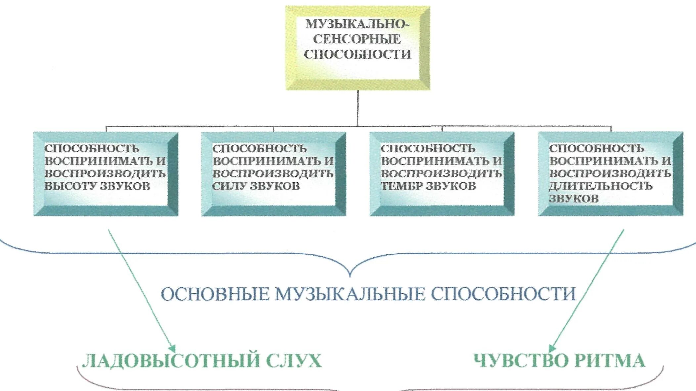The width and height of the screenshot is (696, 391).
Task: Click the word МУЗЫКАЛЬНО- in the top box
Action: [x=357, y=24]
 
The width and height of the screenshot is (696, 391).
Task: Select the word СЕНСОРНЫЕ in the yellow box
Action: [x=357, y=39]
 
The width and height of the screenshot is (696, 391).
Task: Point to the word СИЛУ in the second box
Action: [x=230, y=186]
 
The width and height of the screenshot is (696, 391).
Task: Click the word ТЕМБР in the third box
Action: [x=402, y=186]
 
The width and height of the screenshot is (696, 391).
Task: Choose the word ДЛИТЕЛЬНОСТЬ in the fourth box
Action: [x=601, y=186]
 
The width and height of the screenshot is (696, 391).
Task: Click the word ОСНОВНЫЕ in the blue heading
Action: [x=215, y=294]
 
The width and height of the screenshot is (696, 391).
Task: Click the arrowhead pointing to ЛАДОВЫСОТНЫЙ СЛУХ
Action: [x=172, y=349]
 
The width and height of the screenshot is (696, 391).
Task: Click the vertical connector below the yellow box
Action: [x=358, y=107]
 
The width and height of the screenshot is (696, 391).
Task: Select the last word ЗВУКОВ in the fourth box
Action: [x=574, y=199]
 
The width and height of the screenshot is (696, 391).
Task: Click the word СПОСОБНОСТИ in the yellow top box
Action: [x=357, y=54]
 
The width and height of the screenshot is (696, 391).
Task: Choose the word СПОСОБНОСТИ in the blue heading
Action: [x=503, y=294]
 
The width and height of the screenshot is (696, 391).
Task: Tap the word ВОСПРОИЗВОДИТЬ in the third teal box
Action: [x=442, y=174]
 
